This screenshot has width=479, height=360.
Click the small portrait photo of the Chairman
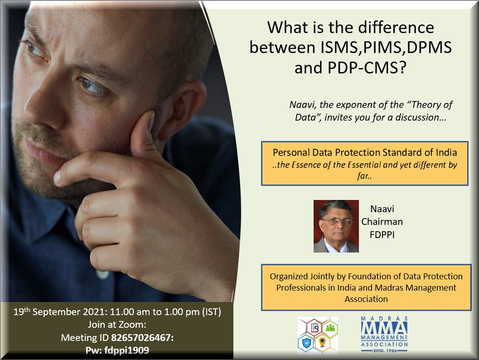point(336,226)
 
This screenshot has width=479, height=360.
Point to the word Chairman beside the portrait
point(382,222)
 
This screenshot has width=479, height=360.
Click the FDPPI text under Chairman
point(382,235)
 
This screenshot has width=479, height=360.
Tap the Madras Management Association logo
point(384,334)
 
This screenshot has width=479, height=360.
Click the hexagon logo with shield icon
point(318,336)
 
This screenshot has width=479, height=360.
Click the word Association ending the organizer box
point(366,299)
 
